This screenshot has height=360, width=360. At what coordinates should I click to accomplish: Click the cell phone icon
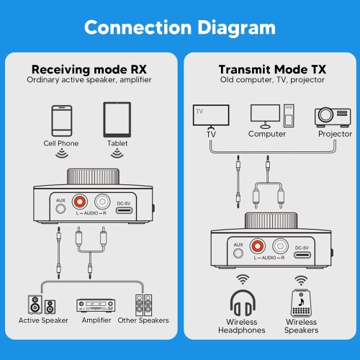point(61,121)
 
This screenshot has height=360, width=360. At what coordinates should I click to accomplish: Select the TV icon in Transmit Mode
point(211,115)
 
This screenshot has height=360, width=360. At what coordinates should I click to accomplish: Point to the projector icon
point(333,116)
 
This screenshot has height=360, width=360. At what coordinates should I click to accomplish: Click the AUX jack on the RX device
point(61,210)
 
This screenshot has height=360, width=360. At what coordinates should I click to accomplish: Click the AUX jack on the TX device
point(238,253)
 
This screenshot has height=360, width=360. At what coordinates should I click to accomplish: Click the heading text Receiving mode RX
point(89,69)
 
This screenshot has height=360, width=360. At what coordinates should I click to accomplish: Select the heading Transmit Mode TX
point(272,69)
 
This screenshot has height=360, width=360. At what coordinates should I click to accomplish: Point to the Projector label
point(334,134)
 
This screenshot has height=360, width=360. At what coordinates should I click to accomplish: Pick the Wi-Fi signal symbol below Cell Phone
point(62,153)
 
